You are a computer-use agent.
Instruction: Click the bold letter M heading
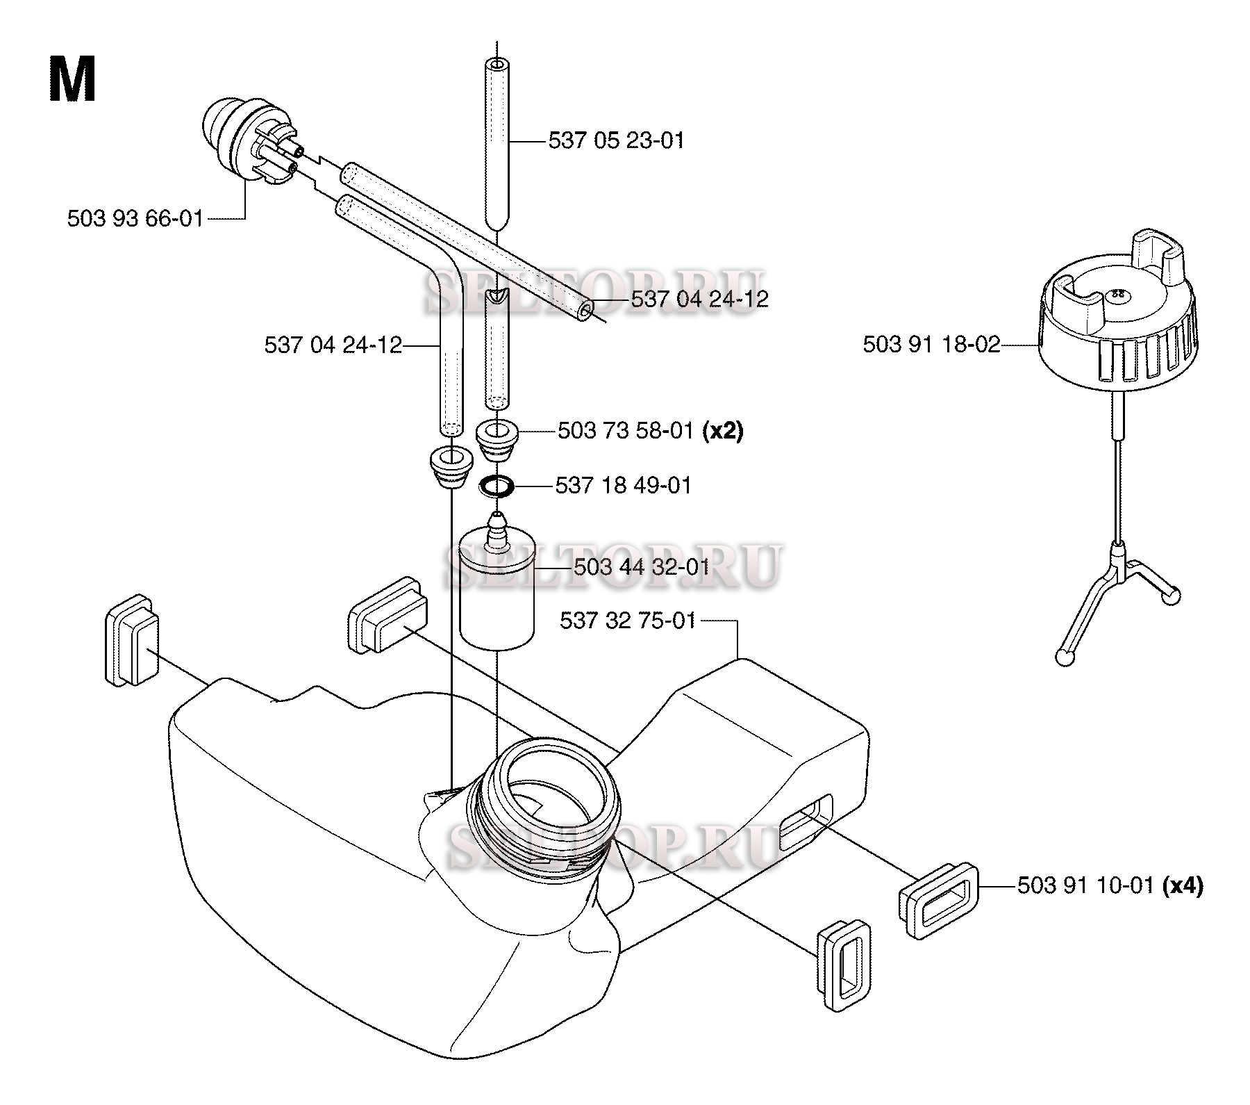(x=72, y=80)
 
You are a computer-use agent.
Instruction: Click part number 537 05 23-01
(x=616, y=141)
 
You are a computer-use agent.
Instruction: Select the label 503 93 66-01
(x=135, y=219)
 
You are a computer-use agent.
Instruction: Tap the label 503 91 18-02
(x=931, y=344)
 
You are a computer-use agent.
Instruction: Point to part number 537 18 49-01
(x=624, y=485)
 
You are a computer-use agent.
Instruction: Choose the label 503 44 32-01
(x=642, y=568)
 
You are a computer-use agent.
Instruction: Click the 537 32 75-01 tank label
(x=628, y=621)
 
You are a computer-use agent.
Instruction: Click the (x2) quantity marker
(x=722, y=432)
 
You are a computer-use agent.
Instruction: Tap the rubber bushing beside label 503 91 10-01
(x=939, y=901)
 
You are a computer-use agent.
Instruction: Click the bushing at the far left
(x=132, y=640)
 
